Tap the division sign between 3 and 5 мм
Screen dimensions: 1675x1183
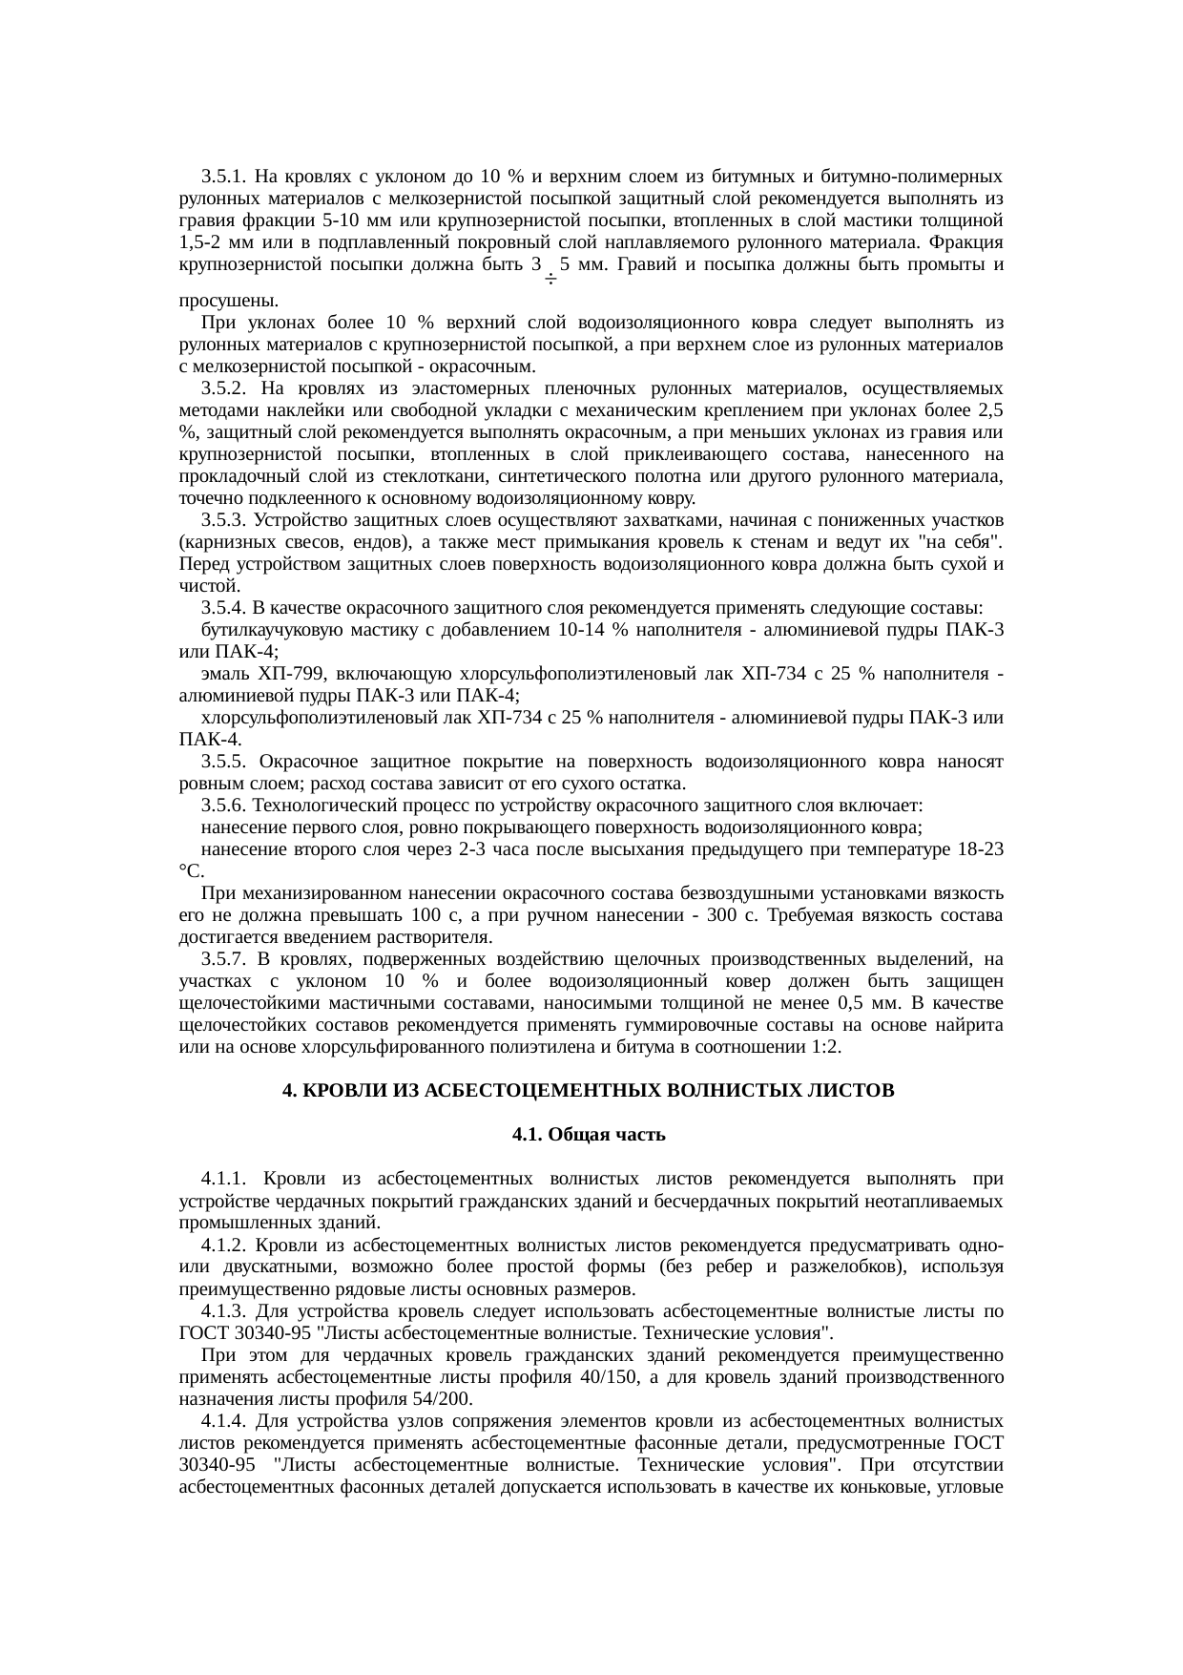(x=550, y=281)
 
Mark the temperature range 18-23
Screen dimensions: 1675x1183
(x=977, y=849)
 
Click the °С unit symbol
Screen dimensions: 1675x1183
(x=190, y=871)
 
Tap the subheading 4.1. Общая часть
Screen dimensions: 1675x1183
(x=589, y=1135)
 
